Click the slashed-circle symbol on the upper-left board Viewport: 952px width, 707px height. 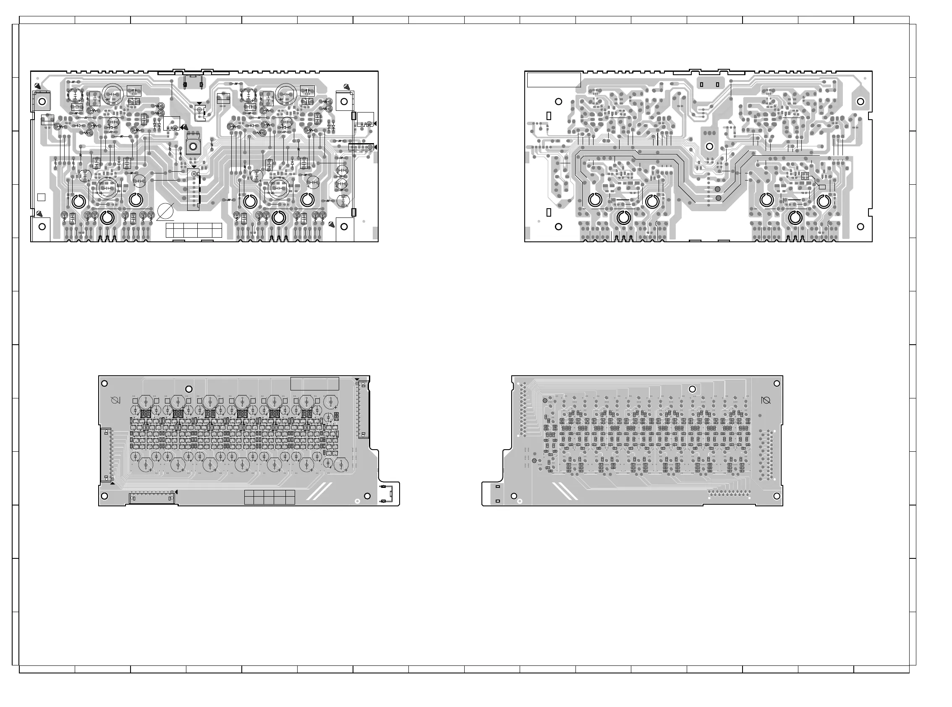click(x=165, y=212)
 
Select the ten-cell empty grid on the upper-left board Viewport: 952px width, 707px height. click(x=194, y=230)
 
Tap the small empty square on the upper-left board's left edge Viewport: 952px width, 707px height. click(x=42, y=197)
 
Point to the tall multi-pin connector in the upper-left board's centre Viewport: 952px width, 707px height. click(x=194, y=189)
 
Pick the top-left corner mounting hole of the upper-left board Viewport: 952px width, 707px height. click(x=42, y=102)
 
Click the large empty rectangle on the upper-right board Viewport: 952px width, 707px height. click(x=553, y=80)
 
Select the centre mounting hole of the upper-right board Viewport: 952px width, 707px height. click(x=709, y=147)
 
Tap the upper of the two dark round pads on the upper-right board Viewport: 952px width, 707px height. click(x=718, y=189)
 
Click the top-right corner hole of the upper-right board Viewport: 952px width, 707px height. click(x=860, y=102)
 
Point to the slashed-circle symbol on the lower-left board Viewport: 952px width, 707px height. click(x=115, y=401)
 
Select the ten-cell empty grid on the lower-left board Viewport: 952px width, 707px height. click(x=269, y=497)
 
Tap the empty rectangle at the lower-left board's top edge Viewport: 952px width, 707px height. click(x=314, y=383)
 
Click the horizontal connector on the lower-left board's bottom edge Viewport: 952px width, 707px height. click(x=152, y=498)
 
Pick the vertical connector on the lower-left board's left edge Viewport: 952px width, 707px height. click(x=105, y=454)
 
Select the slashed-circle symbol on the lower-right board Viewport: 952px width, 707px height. click(x=766, y=401)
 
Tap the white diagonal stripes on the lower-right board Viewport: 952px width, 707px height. click(x=565, y=491)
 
